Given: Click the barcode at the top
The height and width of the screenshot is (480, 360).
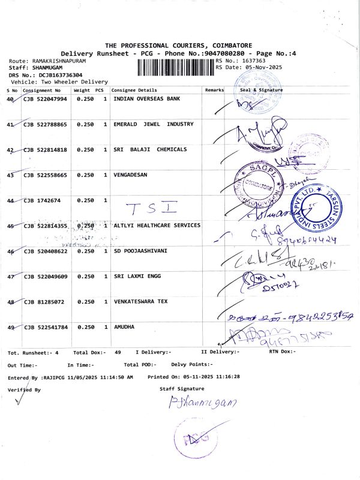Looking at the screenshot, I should [x=176, y=66].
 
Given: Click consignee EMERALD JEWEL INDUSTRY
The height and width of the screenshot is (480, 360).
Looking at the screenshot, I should [x=154, y=124].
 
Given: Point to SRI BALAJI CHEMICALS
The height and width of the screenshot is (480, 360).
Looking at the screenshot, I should [x=150, y=149].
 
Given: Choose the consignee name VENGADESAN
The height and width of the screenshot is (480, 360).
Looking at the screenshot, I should [x=130, y=175].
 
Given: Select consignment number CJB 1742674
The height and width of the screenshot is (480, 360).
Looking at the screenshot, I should [x=41, y=200].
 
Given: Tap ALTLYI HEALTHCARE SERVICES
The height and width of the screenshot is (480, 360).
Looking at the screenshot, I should [x=157, y=226].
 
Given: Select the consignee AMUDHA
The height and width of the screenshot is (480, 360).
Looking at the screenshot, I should [x=124, y=328].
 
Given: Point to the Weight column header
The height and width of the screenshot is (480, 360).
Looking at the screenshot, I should [x=82, y=90].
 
